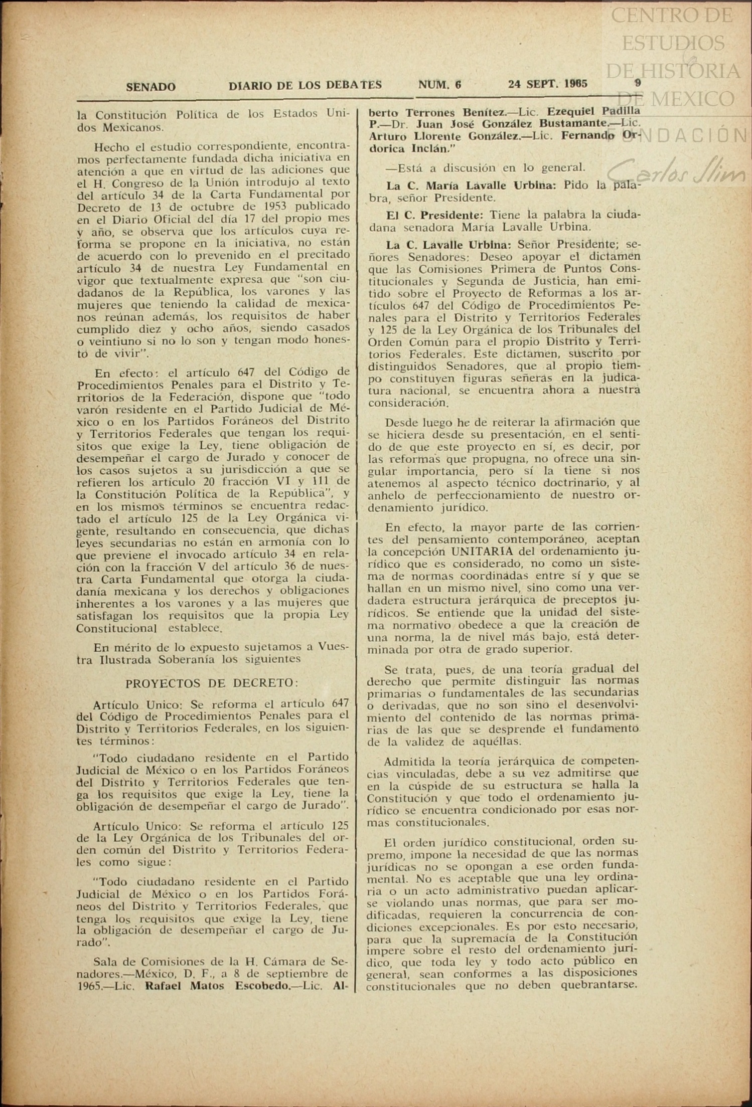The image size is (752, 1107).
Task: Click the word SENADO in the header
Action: pos(151,87)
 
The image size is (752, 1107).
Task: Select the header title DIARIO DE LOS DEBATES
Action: pos(305,85)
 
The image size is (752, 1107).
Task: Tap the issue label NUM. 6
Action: pos(439,85)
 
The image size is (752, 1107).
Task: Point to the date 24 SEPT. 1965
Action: pos(547,84)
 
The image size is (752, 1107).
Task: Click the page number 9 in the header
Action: pos(638,83)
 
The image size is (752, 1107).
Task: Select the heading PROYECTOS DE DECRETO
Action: pos(212,684)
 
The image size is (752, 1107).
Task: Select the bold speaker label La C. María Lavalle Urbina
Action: pos(471,185)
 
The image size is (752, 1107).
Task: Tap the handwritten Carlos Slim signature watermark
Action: pos(677,170)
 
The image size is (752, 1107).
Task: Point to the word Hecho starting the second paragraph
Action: pos(109,147)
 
